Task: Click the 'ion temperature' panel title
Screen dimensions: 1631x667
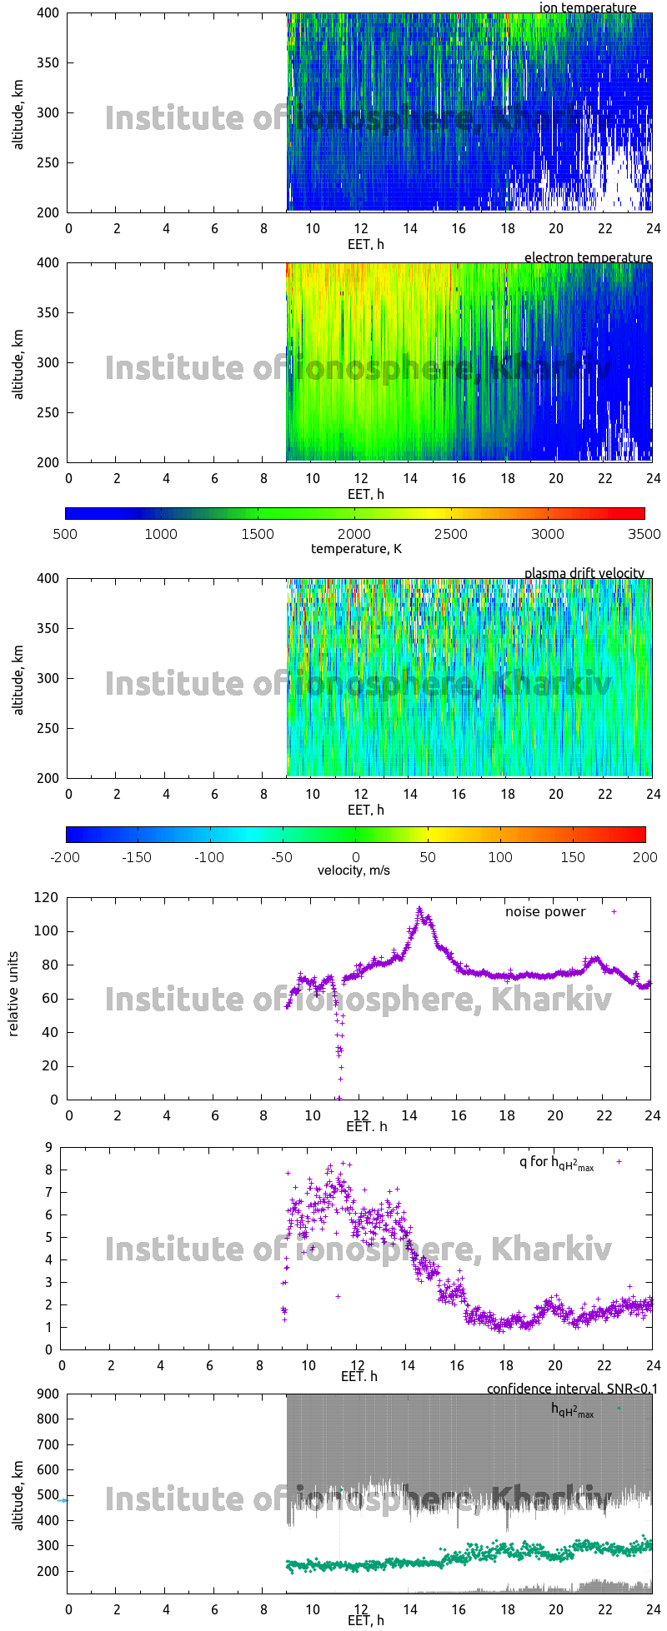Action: pyautogui.click(x=588, y=7)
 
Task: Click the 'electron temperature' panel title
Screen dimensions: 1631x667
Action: pyautogui.click(x=588, y=257)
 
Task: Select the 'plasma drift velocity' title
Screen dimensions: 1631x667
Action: pyautogui.click(x=584, y=573)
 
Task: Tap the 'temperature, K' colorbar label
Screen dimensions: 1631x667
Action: pyautogui.click(x=356, y=548)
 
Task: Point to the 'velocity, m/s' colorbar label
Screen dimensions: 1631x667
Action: pyautogui.click(x=354, y=870)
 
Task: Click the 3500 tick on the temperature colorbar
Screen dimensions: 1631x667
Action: pyautogui.click(x=643, y=534)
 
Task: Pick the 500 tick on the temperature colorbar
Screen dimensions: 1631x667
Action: pyautogui.click(x=65, y=534)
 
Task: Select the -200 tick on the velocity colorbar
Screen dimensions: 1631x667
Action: pyautogui.click(x=66, y=856)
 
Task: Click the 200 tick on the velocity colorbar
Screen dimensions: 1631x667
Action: pyautogui.click(x=644, y=856)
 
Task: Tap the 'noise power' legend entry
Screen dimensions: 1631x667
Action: pyautogui.click(x=545, y=911)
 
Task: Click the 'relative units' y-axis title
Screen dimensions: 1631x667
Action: pyautogui.click(x=13, y=998)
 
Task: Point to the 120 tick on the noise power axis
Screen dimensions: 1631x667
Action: pyautogui.click(x=48, y=898)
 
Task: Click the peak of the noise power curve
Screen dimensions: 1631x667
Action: pyautogui.click(x=419, y=910)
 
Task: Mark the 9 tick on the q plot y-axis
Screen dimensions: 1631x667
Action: pyautogui.click(x=48, y=1147)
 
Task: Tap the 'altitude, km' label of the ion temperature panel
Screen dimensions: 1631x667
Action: pyautogui.click(x=18, y=112)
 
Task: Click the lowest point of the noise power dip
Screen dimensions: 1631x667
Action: pyautogui.click(x=339, y=1098)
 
